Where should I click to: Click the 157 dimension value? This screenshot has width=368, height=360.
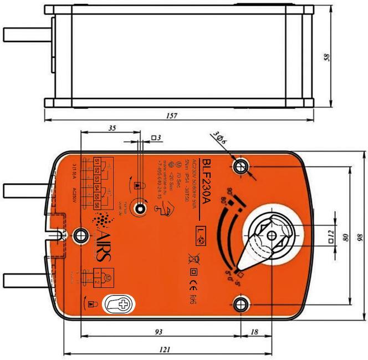pos(171,115)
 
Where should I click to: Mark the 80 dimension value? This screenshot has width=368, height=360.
pos(346,237)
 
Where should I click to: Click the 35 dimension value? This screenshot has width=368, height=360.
pos(112,128)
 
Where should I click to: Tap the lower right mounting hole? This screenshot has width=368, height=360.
pos(240,304)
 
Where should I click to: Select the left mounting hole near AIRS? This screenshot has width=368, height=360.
pos(81,235)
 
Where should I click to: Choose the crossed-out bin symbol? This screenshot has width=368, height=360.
pos(194,257)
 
